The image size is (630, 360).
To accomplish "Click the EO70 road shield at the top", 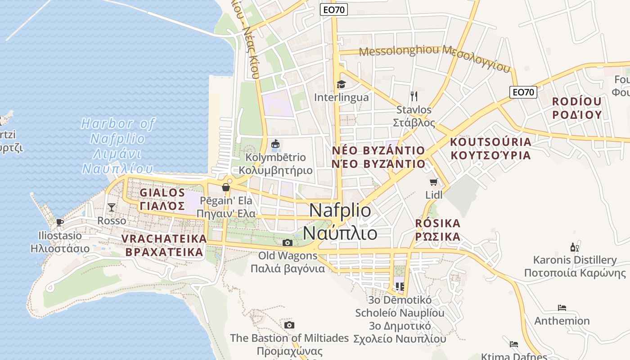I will [334, 9].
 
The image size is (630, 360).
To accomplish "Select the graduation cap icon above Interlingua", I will [341, 84].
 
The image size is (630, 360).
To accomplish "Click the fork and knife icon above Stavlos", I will [414, 96].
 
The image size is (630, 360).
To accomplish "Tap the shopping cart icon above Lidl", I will [433, 182].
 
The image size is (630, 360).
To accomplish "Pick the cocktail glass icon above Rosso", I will [112, 207].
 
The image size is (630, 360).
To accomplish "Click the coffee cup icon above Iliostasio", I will [59, 222].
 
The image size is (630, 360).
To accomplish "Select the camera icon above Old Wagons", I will [287, 243].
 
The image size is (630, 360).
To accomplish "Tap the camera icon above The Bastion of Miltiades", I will [289, 325].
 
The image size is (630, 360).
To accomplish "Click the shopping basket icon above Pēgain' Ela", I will [225, 187].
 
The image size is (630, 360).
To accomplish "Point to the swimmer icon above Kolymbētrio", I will [275, 144].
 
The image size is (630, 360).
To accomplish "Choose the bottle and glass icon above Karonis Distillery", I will [574, 247].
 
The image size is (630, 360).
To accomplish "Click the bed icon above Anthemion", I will [562, 308].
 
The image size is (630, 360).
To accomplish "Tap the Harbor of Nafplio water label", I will [118, 146].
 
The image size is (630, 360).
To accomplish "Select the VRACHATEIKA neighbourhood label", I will [164, 245].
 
